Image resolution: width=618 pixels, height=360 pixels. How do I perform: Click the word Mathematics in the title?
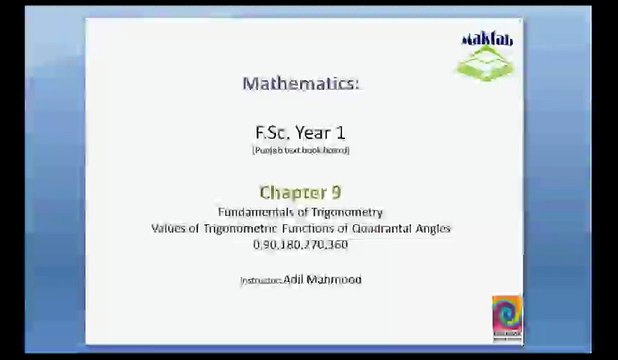click(300, 83)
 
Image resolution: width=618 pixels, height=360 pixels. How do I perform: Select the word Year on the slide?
click(316, 132)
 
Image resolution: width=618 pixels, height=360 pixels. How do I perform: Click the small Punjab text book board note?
click(300, 150)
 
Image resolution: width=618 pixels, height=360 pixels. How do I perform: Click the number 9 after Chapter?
click(335, 192)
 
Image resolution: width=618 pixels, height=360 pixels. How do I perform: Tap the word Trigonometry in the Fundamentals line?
click(347, 212)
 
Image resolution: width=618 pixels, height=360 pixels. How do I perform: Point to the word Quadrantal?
click(381, 228)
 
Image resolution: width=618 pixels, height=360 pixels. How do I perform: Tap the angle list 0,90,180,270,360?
click(300, 244)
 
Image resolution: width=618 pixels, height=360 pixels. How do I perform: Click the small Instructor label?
click(260, 280)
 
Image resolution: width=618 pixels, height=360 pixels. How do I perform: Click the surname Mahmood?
click(336, 279)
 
